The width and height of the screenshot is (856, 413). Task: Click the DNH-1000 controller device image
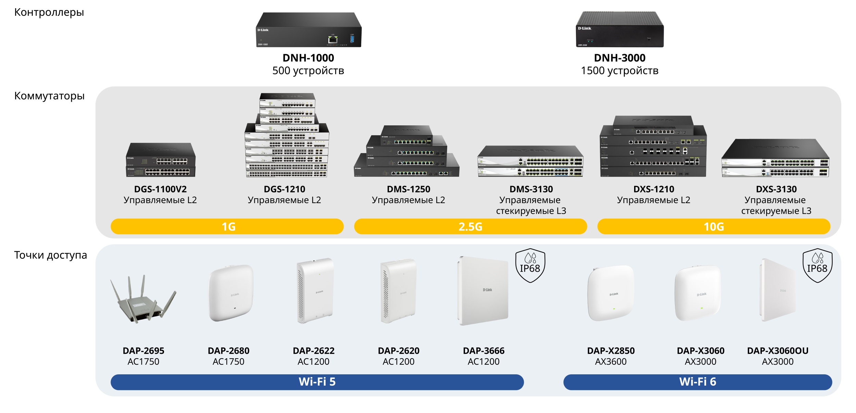[309, 30]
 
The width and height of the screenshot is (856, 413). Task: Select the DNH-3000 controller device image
[620, 30]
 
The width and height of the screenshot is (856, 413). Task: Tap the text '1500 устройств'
[619, 71]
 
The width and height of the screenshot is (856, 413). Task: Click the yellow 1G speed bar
[227, 226]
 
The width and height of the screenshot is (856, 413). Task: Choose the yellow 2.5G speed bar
[470, 226]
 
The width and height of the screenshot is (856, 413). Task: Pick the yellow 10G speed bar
[714, 226]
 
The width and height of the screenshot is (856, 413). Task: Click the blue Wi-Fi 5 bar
[317, 382]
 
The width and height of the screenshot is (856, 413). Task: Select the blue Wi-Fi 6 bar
[697, 382]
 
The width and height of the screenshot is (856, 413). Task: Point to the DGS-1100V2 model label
[160, 189]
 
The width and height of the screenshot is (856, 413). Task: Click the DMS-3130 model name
[531, 189]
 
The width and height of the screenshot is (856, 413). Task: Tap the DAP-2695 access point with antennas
[143, 300]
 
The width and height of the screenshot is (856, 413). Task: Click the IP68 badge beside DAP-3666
[530, 266]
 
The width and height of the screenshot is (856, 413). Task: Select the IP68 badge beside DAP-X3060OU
[817, 266]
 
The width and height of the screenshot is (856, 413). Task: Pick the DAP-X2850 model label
[611, 351]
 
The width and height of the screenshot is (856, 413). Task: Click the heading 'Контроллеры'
[49, 12]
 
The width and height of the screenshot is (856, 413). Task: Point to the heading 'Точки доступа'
[50, 255]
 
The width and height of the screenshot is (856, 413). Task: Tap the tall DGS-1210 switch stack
[287, 135]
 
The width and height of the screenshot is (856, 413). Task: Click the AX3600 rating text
[611, 362]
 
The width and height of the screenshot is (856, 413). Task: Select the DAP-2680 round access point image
[231, 293]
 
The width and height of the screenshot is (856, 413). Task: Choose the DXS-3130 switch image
[776, 158]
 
